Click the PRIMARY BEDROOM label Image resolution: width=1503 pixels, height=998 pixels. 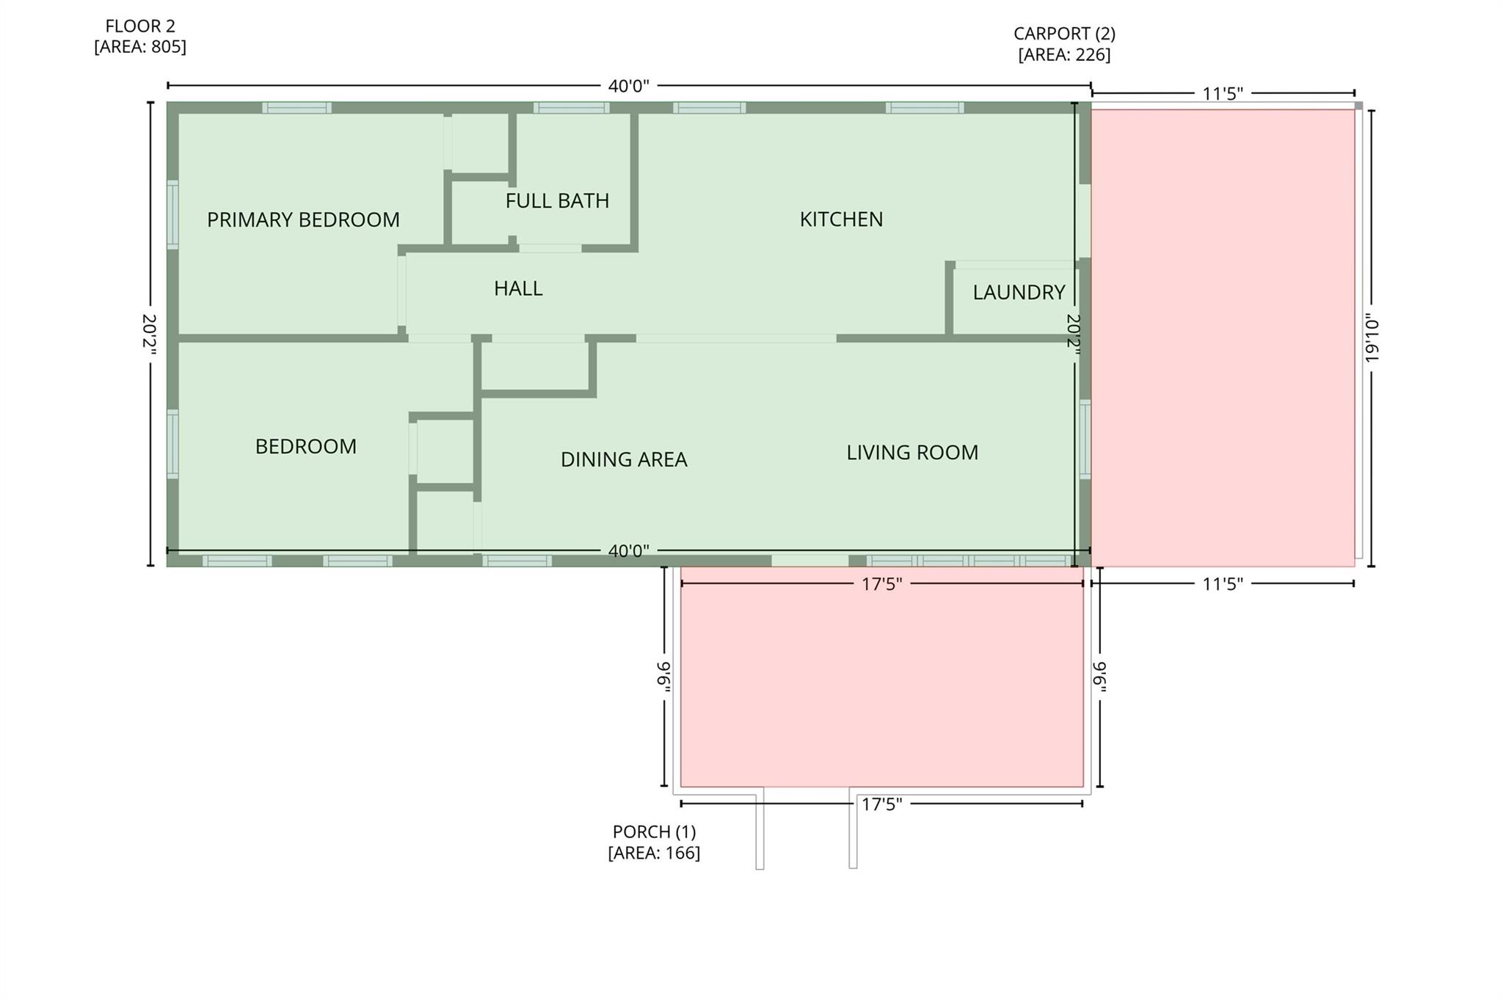tap(303, 219)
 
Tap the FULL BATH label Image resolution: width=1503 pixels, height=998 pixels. tap(557, 200)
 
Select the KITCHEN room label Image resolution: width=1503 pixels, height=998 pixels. tap(841, 219)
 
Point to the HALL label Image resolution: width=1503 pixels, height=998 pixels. tap(518, 288)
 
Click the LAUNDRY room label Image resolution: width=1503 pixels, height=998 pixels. tap(1019, 292)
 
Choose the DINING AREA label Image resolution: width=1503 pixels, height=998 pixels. tap(624, 459)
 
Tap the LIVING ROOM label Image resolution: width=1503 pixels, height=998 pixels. tap(912, 452)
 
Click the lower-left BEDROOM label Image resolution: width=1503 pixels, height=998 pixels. tap(306, 446)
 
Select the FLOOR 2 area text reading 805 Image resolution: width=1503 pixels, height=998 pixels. tap(140, 47)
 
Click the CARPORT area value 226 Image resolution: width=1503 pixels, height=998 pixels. tap(1064, 55)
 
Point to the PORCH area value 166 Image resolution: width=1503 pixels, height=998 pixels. tap(654, 853)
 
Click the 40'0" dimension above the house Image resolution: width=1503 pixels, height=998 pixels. tap(629, 86)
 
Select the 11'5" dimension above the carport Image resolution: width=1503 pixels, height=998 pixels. tap(1223, 93)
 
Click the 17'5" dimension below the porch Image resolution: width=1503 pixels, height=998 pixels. tap(881, 804)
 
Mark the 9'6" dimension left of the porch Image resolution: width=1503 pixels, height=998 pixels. tap(664, 676)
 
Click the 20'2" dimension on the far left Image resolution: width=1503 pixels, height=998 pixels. tap(150, 335)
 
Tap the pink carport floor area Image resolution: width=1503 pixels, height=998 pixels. tap(1223, 338)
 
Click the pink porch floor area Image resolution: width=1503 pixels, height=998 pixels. tap(881, 682)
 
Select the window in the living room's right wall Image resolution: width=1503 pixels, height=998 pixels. tap(1085, 440)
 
